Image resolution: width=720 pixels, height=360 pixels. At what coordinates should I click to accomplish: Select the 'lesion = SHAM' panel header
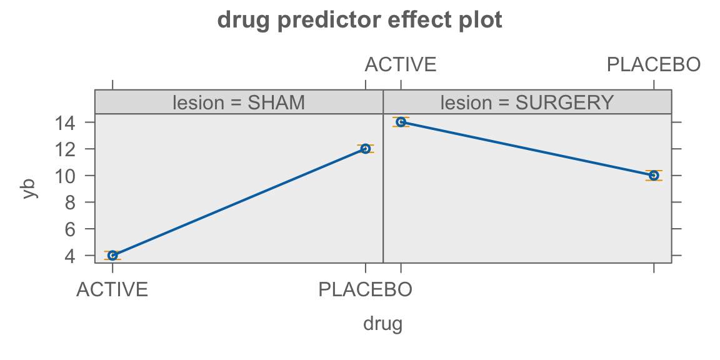pyautogui.click(x=239, y=102)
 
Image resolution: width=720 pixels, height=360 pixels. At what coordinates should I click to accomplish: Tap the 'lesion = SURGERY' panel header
pyautogui.click(x=527, y=102)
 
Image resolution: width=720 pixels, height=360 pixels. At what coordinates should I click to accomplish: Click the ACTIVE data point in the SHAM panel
pyautogui.click(x=112, y=255)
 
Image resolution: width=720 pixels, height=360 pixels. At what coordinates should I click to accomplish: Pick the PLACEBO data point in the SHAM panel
pyautogui.click(x=366, y=149)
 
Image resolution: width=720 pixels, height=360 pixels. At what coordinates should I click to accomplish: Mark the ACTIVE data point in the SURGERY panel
pyautogui.click(x=401, y=122)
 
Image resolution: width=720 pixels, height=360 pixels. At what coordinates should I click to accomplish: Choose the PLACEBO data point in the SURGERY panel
pyautogui.click(x=654, y=176)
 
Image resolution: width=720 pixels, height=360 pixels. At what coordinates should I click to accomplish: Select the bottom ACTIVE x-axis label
pyautogui.click(x=112, y=290)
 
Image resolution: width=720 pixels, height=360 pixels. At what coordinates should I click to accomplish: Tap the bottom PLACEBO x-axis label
pyautogui.click(x=366, y=290)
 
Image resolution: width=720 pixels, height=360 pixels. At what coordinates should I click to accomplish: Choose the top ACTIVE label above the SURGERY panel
pyautogui.click(x=401, y=65)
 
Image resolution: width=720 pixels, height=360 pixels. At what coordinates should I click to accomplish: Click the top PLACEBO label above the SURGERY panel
pyautogui.click(x=654, y=65)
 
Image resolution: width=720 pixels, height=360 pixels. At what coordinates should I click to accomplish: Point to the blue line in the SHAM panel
pyautogui.click(x=239, y=202)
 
